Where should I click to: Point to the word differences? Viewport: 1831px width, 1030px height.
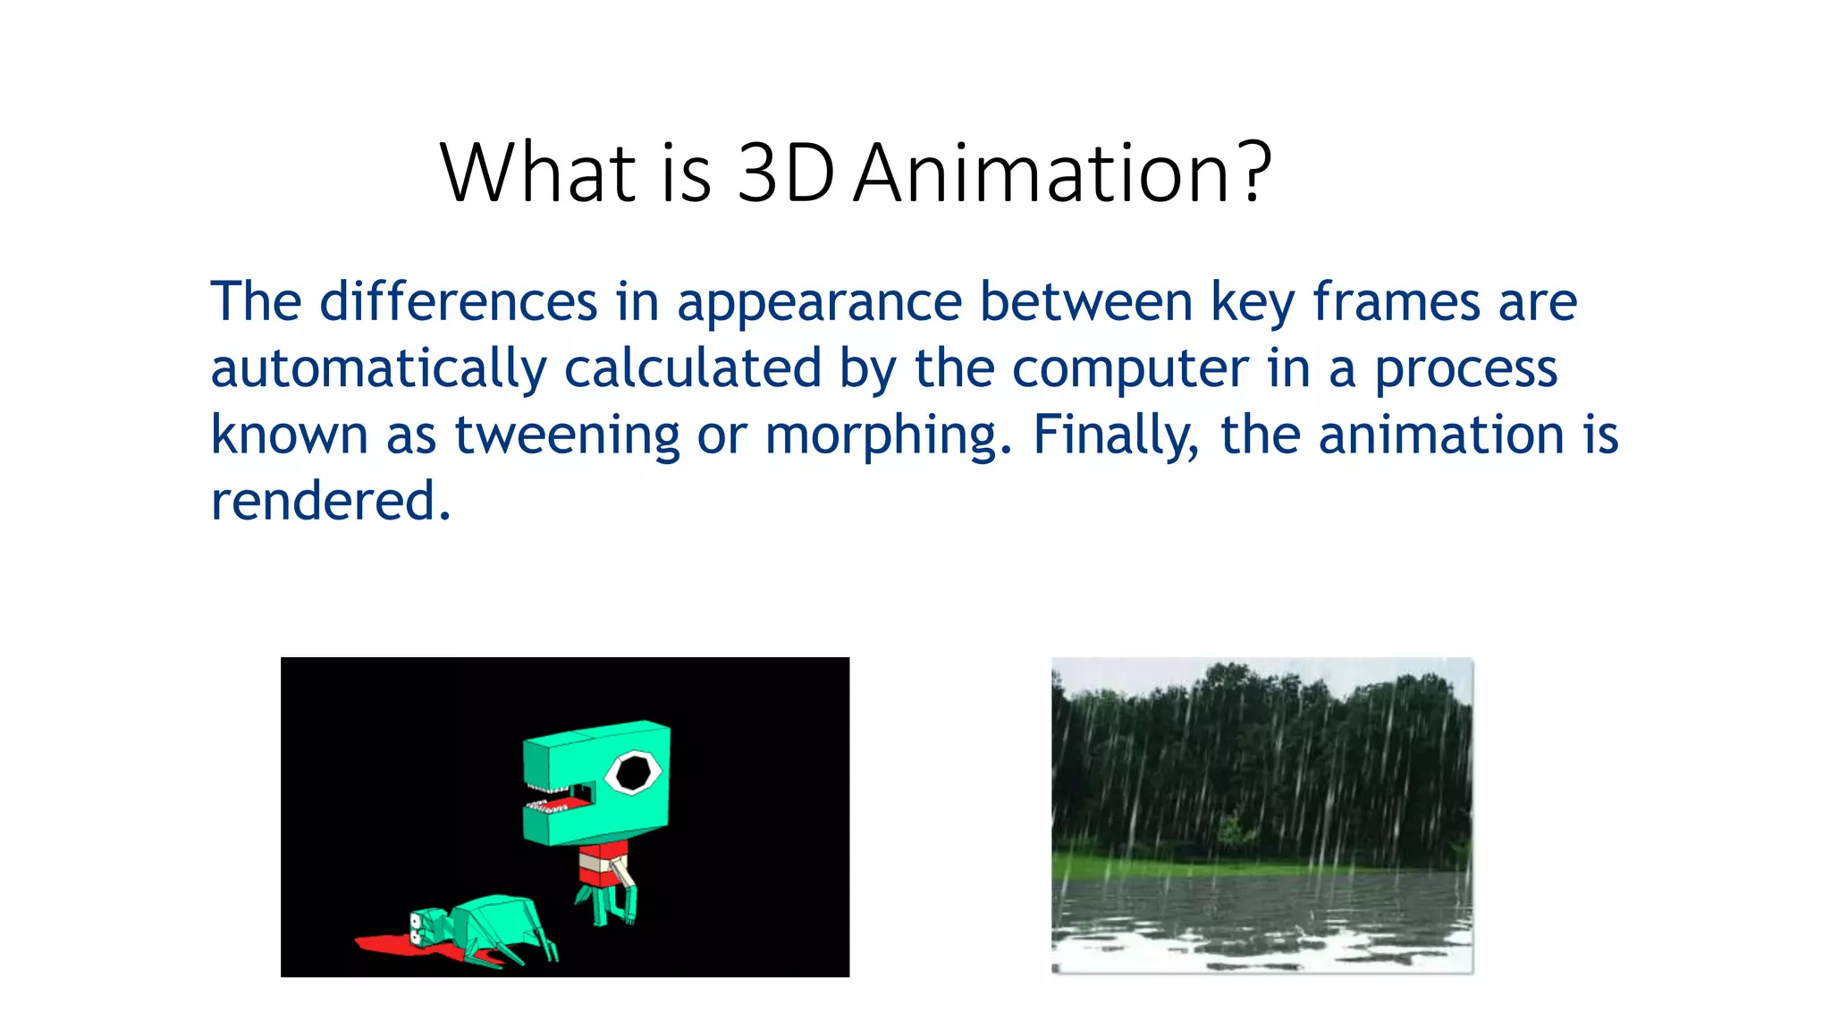pos(458,301)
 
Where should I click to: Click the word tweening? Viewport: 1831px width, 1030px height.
pos(567,435)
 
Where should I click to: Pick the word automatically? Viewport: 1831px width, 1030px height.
pos(378,368)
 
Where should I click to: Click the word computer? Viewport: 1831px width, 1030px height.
pos(1130,368)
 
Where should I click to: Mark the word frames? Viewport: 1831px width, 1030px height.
pos(1396,301)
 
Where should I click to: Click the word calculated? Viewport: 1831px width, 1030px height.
pos(693,368)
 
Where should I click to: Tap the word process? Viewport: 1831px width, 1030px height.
pos(1465,368)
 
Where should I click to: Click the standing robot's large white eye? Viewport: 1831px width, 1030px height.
pos(633,772)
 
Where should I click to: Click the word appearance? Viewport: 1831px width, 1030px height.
pos(819,301)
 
